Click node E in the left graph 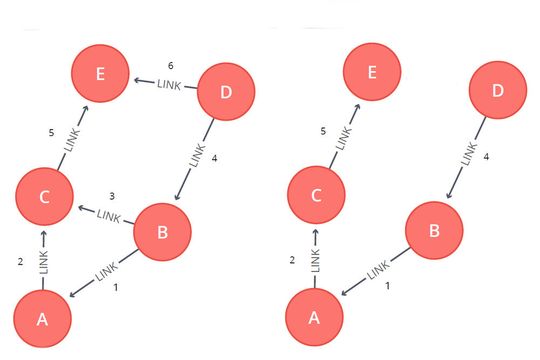pos(99,74)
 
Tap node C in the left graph pos(44,196)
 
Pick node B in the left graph pos(161,233)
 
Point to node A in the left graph pos(41,320)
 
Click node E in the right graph pos(371,74)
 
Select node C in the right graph pos(316,196)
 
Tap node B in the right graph pos(434,232)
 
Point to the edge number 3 pos(113,195)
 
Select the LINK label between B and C pos(108,214)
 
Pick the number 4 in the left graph pos(213,158)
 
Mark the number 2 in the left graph pos(20,262)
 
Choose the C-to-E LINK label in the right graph pos(344,139)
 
